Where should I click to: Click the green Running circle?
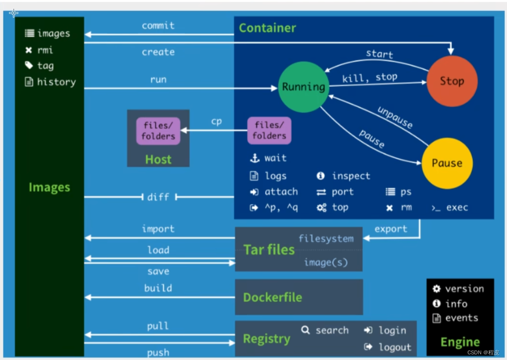point(303,87)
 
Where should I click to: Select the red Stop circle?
point(452,81)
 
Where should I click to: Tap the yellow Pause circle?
point(447,163)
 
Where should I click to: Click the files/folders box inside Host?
point(158,131)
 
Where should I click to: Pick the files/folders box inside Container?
point(269,130)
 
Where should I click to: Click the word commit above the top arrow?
point(158,25)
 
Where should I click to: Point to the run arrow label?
point(158,79)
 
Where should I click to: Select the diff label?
point(158,197)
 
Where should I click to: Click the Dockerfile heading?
point(272,297)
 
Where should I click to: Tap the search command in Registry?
point(332,330)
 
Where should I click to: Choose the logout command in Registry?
point(395,347)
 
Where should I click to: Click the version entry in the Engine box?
point(464,288)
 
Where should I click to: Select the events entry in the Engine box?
point(461,318)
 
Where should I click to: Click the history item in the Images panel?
point(56,82)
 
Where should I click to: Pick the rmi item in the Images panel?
point(45,50)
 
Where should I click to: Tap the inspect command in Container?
point(350,176)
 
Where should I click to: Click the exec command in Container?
point(456,207)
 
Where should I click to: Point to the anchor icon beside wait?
point(254,158)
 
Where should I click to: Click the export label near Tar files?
point(390,229)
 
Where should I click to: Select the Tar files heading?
point(269,249)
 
